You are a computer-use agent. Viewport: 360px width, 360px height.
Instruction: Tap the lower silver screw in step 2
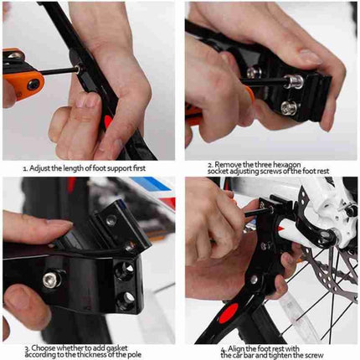pyautogui.click(x=287, y=106)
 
